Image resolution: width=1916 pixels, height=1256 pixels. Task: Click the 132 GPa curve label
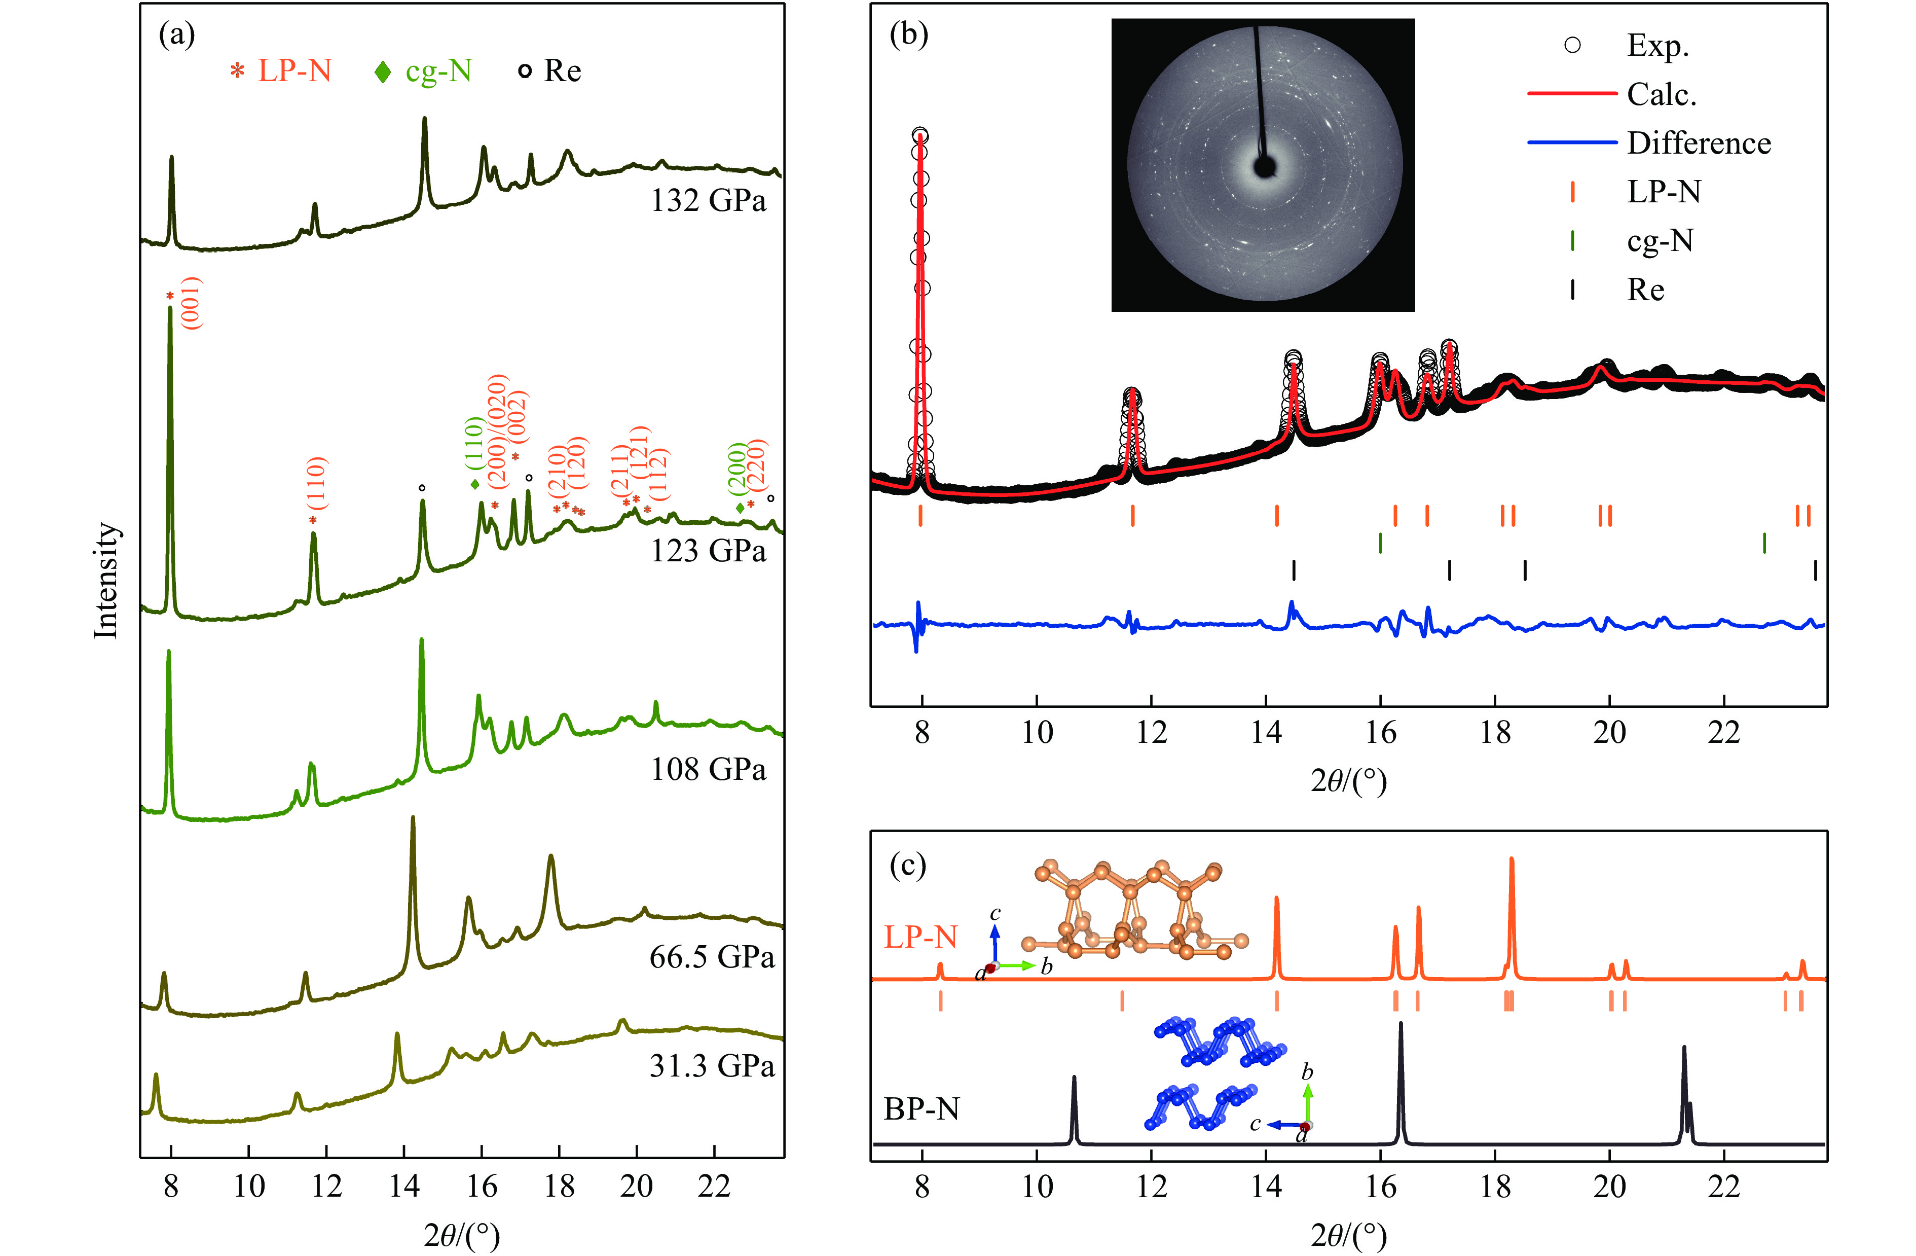(709, 200)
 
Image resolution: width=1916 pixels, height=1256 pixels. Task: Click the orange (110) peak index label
(318, 483)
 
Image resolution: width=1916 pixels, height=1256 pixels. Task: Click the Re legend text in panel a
(562, 71)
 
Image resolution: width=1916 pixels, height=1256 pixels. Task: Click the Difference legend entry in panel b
(1699, 143)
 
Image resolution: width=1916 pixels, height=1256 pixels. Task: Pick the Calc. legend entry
(1662, 95)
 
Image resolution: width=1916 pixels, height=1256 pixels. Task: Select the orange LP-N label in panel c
(921, 937)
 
